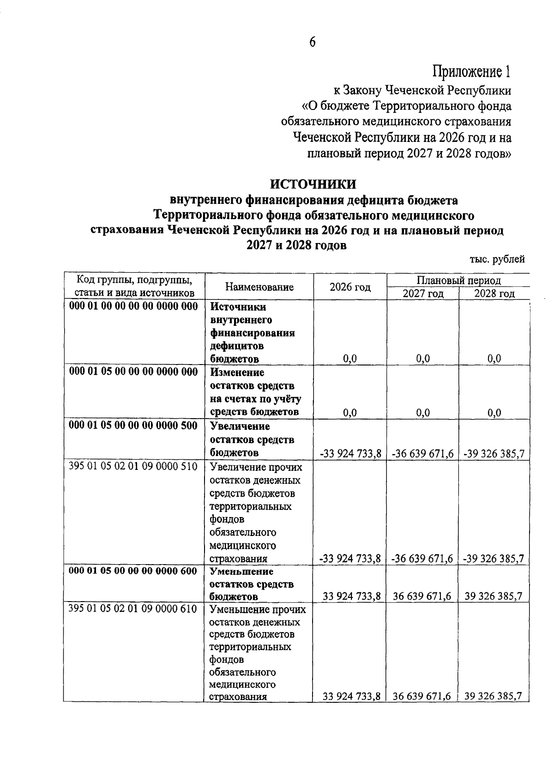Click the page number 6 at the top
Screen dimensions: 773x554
click(x=312, y=43)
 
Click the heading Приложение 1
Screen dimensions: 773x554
click(x=471, y=72)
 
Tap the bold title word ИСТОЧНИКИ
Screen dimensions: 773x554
click(x=313, y=184)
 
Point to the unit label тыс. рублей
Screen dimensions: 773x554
click(x=497, y=259)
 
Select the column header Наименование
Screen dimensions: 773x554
click(x=259, y=287)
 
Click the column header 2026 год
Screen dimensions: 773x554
click(x=350, y=287)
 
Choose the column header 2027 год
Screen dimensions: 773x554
click(x=423, y=294)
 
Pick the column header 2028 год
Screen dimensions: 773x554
click(x=494, y=294)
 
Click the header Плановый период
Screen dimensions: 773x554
click(x=458, y=280)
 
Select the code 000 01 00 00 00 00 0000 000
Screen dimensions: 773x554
click(x=133, y=306)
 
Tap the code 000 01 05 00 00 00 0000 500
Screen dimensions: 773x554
click(x=133, y=425)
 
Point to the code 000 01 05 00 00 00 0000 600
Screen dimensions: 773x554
click(x=133, y=571)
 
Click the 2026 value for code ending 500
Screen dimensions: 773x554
click(x=350, y=454)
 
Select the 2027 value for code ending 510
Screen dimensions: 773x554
click(x=422, y=559)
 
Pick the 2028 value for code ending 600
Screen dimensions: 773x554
click(x=494, y=596)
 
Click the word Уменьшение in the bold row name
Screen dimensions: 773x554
click(x=238, y=571)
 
